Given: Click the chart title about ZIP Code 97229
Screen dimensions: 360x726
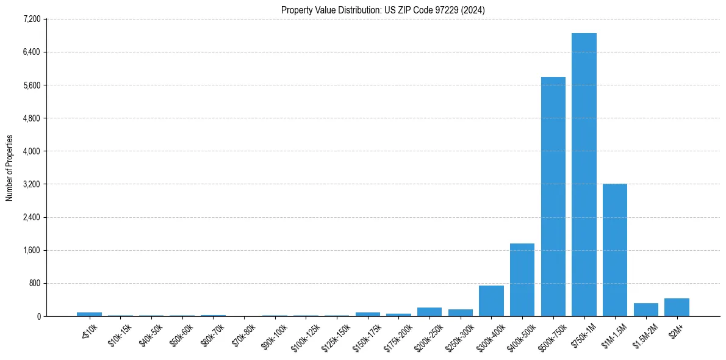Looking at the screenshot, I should pos(383,10).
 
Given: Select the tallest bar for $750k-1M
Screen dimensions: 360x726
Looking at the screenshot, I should pos(584,175).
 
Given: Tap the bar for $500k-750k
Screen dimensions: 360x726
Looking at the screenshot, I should pos(553,196).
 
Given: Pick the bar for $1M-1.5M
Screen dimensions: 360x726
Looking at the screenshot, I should pos(615,250).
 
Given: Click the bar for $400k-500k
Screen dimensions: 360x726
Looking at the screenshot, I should pos(522,279).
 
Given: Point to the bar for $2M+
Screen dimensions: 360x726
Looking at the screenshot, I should pos(677,308).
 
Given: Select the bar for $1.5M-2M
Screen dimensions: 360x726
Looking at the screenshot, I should pos(646,310).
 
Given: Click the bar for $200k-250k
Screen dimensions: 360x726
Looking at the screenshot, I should pos(429,312).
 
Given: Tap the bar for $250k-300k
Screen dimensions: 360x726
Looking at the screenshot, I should pos(461,312).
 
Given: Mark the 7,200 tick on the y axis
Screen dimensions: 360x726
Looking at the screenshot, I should pos(31,20).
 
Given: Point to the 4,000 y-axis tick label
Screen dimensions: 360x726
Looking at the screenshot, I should pos(31,151).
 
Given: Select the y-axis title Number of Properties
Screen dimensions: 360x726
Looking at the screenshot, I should pos(9,168).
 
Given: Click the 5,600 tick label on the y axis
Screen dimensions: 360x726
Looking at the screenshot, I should pos(31,85).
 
